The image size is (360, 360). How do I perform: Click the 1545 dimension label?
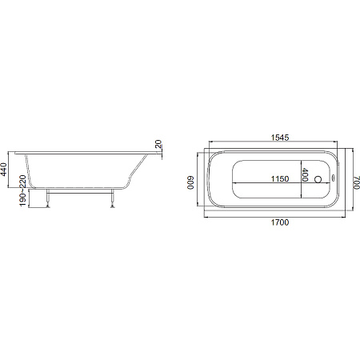click(x=280, y=138)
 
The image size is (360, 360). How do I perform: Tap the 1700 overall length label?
click(x=280, y=222)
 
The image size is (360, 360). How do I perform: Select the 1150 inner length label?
click(x=280, y=178)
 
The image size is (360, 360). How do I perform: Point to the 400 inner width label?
click(x=305, y=174)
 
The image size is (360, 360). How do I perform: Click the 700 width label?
click(x=357, y=182)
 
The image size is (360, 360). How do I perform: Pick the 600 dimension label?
click(x=190, y=182)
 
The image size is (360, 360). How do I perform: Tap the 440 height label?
click(x=4, y=170)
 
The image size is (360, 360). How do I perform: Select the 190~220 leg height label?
click(x=23, y=190)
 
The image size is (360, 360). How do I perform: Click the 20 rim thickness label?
click(x=158, y=144)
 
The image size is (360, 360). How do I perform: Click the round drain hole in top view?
click(x=318, y=179)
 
